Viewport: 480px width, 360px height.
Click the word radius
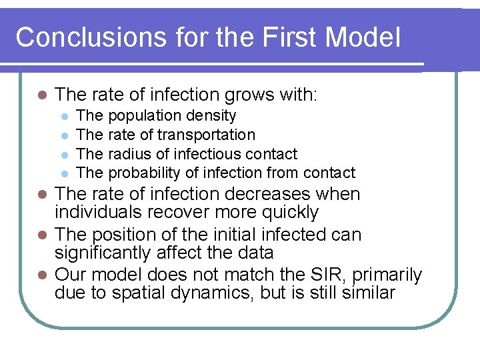point(129,154)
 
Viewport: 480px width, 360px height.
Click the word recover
point(175,213)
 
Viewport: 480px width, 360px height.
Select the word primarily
point(389,275)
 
